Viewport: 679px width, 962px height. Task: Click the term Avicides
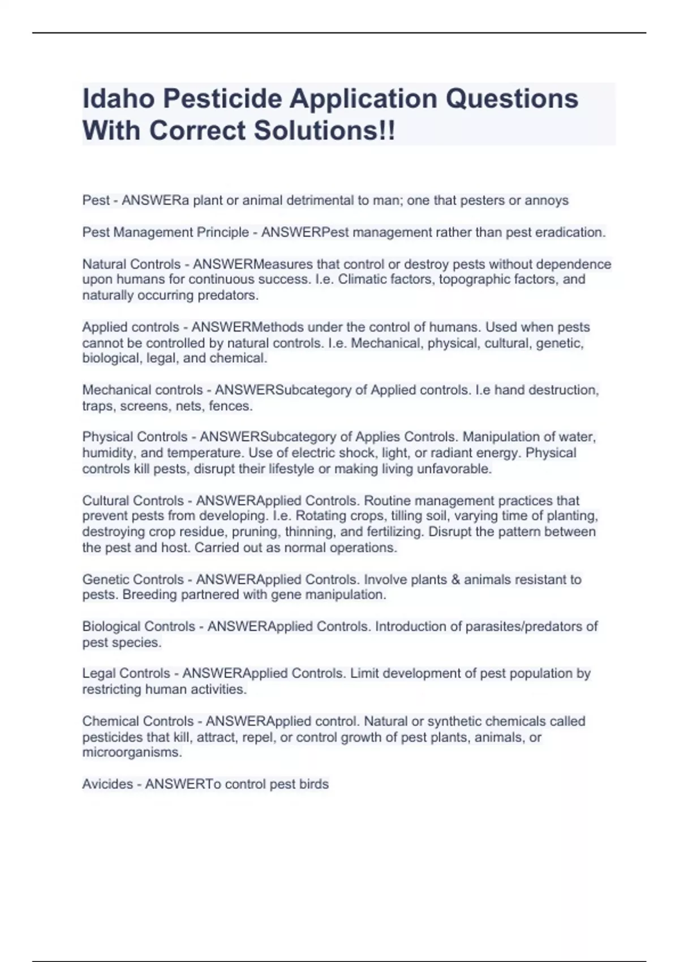(x=107, y=784)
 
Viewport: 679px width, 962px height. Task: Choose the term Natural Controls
(x=131, y=264)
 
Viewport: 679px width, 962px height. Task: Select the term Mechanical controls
(x=142, y=390)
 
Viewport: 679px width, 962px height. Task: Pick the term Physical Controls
(x=135, y=437)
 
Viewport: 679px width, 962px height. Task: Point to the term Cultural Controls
(x=133, y=501)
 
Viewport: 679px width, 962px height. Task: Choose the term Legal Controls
(x=126, y=673)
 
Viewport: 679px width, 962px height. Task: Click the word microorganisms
(x=132, y=753)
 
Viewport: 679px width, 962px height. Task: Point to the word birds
(x=314, y=784)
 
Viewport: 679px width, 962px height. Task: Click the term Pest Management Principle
(x=166, y=233)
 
